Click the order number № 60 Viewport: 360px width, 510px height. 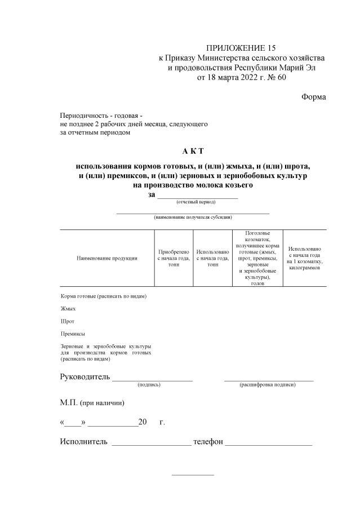tap(275, 78)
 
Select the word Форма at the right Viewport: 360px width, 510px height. tap(313, 96)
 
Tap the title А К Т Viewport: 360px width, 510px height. tap(193, 151)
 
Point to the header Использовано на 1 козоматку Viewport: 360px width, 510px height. tap(304, 258)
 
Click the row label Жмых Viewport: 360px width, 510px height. tap(68, 308)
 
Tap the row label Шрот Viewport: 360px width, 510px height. tap(67, 321)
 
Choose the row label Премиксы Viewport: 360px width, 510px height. tap(73, 334)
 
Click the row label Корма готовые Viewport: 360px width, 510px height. tap(103, 296)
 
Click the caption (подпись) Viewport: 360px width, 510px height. tap(149, 384)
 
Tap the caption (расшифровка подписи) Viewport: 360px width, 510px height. tap(268, 384)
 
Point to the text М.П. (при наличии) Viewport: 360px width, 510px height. tap(92, 403)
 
